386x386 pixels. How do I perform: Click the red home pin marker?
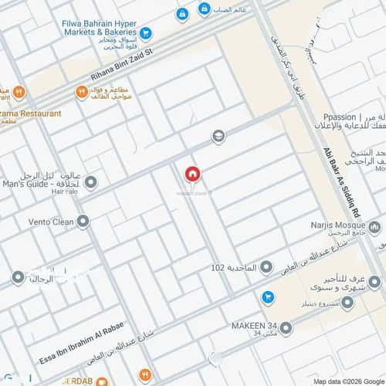[x=192, y=174]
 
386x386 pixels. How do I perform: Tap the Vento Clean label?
[x=38, y=222]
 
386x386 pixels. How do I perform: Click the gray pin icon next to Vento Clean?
[x=83, y=222]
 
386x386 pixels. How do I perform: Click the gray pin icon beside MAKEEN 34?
[x=286, y=329]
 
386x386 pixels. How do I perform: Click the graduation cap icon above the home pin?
[x=219, y=137]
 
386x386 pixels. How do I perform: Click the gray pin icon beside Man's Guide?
[x=90, y=183]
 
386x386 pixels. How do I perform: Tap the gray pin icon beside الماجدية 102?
[x=266, y=268]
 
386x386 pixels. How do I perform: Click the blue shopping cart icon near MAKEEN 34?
[x=268, y=296]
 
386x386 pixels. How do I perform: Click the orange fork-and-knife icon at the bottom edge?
[x=102, y=381]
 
